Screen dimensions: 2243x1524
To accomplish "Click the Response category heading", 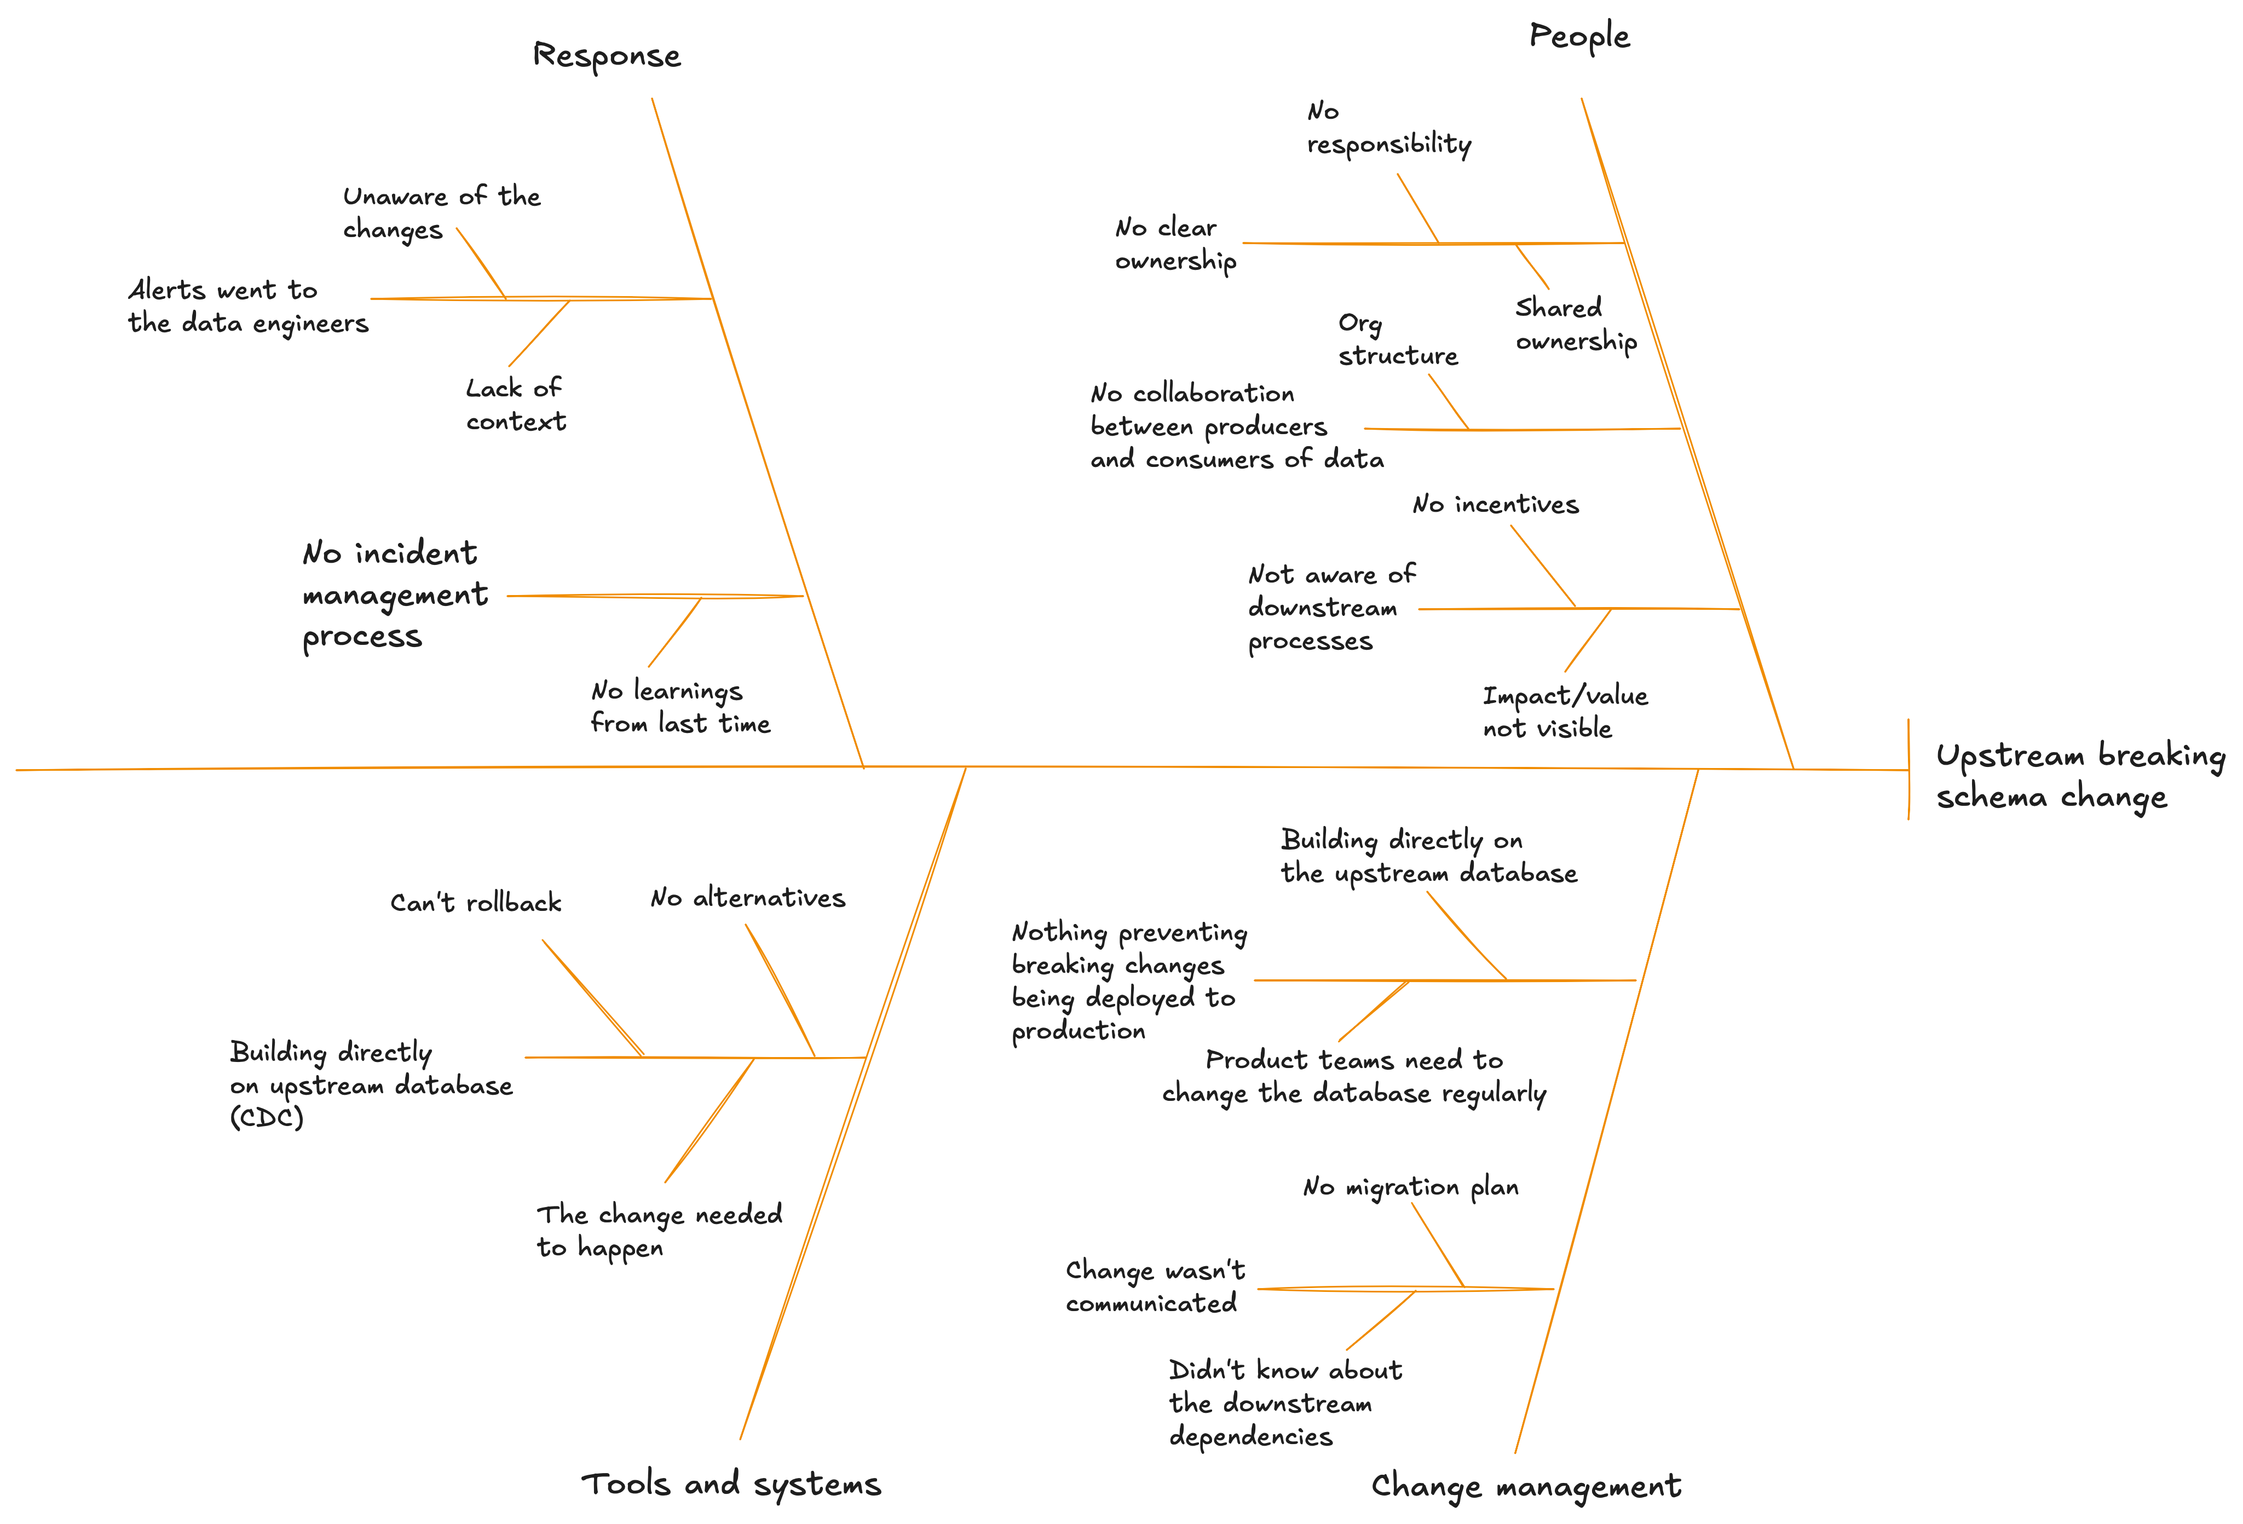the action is tap(607, 56).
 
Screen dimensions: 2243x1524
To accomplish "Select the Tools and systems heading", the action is tap(731, 1483).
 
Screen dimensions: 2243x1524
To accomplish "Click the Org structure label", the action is tap(1398, 340).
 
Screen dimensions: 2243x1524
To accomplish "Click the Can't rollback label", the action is tap(476, 903).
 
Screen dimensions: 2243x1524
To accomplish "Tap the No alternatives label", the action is tap(748, 898).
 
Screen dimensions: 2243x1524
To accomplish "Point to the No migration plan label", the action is tap(1411, 1187).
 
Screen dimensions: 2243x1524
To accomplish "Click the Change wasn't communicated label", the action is tap(1155, 1286).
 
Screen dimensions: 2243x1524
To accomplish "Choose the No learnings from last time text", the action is tap(681, 707).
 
